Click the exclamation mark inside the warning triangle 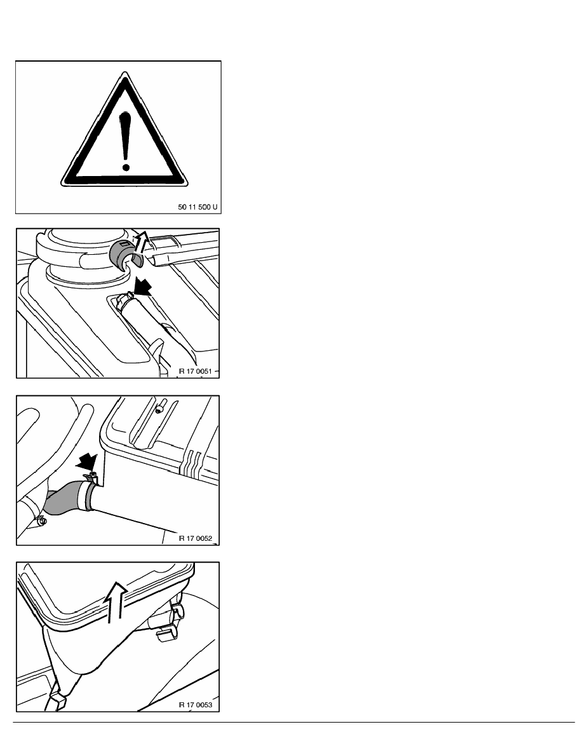[126, 142]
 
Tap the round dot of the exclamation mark [126, 168]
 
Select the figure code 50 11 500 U [198, 207]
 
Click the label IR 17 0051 [194, 371]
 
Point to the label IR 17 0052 [195, 538]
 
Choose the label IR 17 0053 [195, 705]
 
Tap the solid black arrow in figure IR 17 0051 [142, 289]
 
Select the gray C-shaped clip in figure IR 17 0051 [124, 253]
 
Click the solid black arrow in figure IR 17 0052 [86, 461]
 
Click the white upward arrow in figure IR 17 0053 [115, 601]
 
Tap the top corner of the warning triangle [125, 72]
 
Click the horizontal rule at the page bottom [294, 722]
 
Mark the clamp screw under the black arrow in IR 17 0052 [91, 477]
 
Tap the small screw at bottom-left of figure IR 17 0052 [41, 521]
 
